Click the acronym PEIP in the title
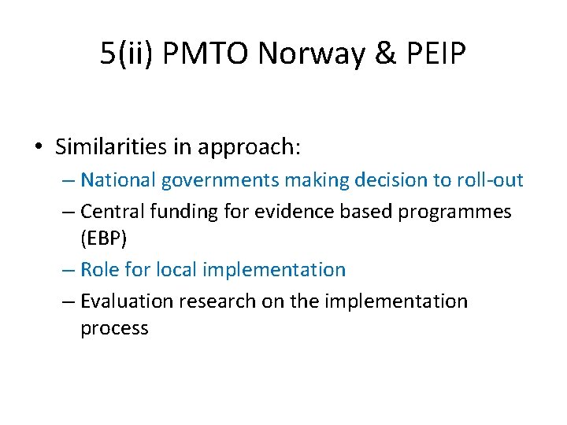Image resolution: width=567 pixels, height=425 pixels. click(435, 54)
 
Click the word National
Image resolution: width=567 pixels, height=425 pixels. click(119, 180)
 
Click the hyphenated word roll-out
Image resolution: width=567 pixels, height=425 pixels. click(490, 180)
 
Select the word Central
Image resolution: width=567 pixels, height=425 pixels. click(110, 211)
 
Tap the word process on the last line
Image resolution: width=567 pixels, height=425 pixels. click(114, 329)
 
